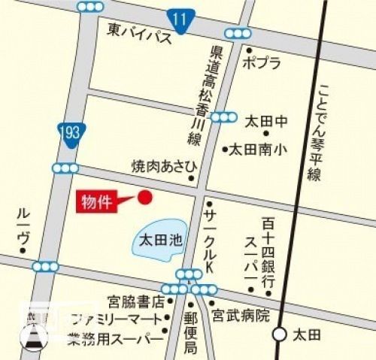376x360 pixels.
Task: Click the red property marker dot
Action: point(145,197)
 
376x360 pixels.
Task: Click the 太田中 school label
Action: point(267,120)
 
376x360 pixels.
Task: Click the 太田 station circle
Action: point(279,332)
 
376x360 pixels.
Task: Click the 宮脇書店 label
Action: point(133,303)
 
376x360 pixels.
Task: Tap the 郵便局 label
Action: point(191,332)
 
